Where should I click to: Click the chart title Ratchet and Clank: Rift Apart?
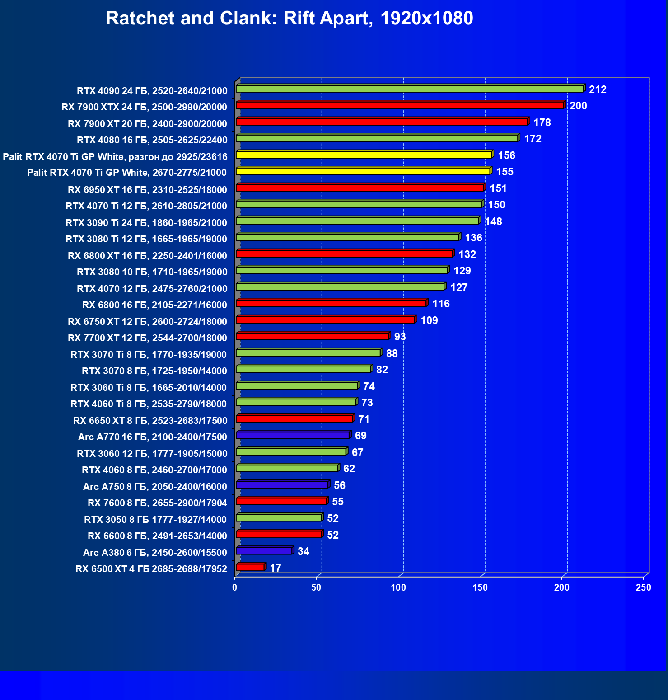[289, 19]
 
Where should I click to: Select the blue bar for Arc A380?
[264, 551]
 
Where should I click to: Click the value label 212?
[598, 89]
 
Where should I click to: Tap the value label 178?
[542, 122]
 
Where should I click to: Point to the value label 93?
[400, 337]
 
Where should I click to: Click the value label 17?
[276, 568]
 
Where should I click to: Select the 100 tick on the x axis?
[398, 587]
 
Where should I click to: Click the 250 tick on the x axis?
[643, 587]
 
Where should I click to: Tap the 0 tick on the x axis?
[234, 587]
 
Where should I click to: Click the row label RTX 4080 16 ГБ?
[152, 140]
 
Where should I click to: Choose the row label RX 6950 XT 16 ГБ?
[147, 189]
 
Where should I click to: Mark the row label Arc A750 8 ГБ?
[155, 486]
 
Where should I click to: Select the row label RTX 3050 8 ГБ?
[155, 519]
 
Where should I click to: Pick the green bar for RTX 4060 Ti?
[296, 402]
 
